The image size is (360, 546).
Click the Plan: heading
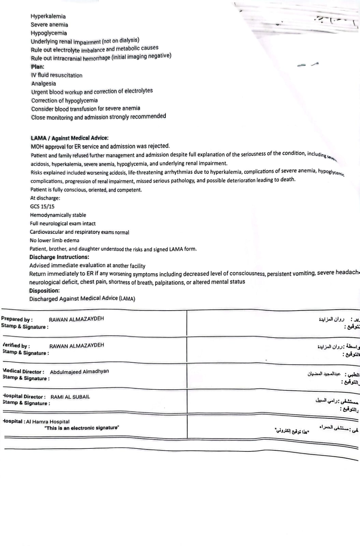[x=38, y=67]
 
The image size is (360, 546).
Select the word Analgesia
[x=44, y=84]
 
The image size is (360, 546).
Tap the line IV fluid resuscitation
[x=57, y=75]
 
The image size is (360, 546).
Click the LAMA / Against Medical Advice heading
[x=70, y=138]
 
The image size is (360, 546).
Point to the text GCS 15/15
[x=42, y=206]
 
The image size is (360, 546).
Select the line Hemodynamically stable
[x=58, y=215]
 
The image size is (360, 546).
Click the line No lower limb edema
[x=54, y=240]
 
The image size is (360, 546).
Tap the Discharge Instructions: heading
[x=59, y=257]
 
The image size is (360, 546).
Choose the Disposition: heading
[x=44, y=290]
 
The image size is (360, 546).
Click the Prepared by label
[x=17, y=319]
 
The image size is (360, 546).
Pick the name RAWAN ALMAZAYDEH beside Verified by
[x=76, y=346]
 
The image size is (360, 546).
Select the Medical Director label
[x=23, y=371]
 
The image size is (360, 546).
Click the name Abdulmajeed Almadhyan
[x=80, y=371]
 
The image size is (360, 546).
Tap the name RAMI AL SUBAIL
[x=70, y=397]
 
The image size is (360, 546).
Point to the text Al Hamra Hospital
[x=48, y=421]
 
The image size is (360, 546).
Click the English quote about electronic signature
[x=82, y=428]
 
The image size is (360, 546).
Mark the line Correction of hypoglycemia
[x=64, y=101]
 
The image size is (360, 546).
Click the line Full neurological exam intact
[x=63, y=224]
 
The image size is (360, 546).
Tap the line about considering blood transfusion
[x=86, y=109]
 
